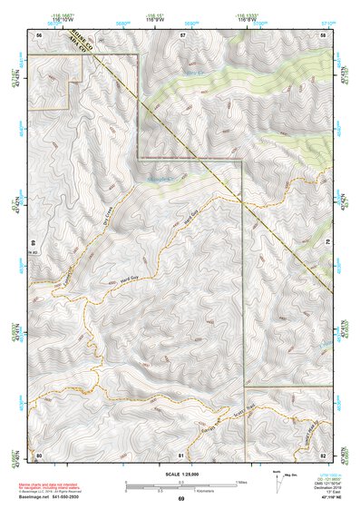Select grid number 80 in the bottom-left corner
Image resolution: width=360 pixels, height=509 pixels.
(x=39, y=454)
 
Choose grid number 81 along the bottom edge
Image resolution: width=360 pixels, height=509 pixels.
(x=182, y=454)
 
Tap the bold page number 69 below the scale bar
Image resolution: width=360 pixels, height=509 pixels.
(x=180, y=500)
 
